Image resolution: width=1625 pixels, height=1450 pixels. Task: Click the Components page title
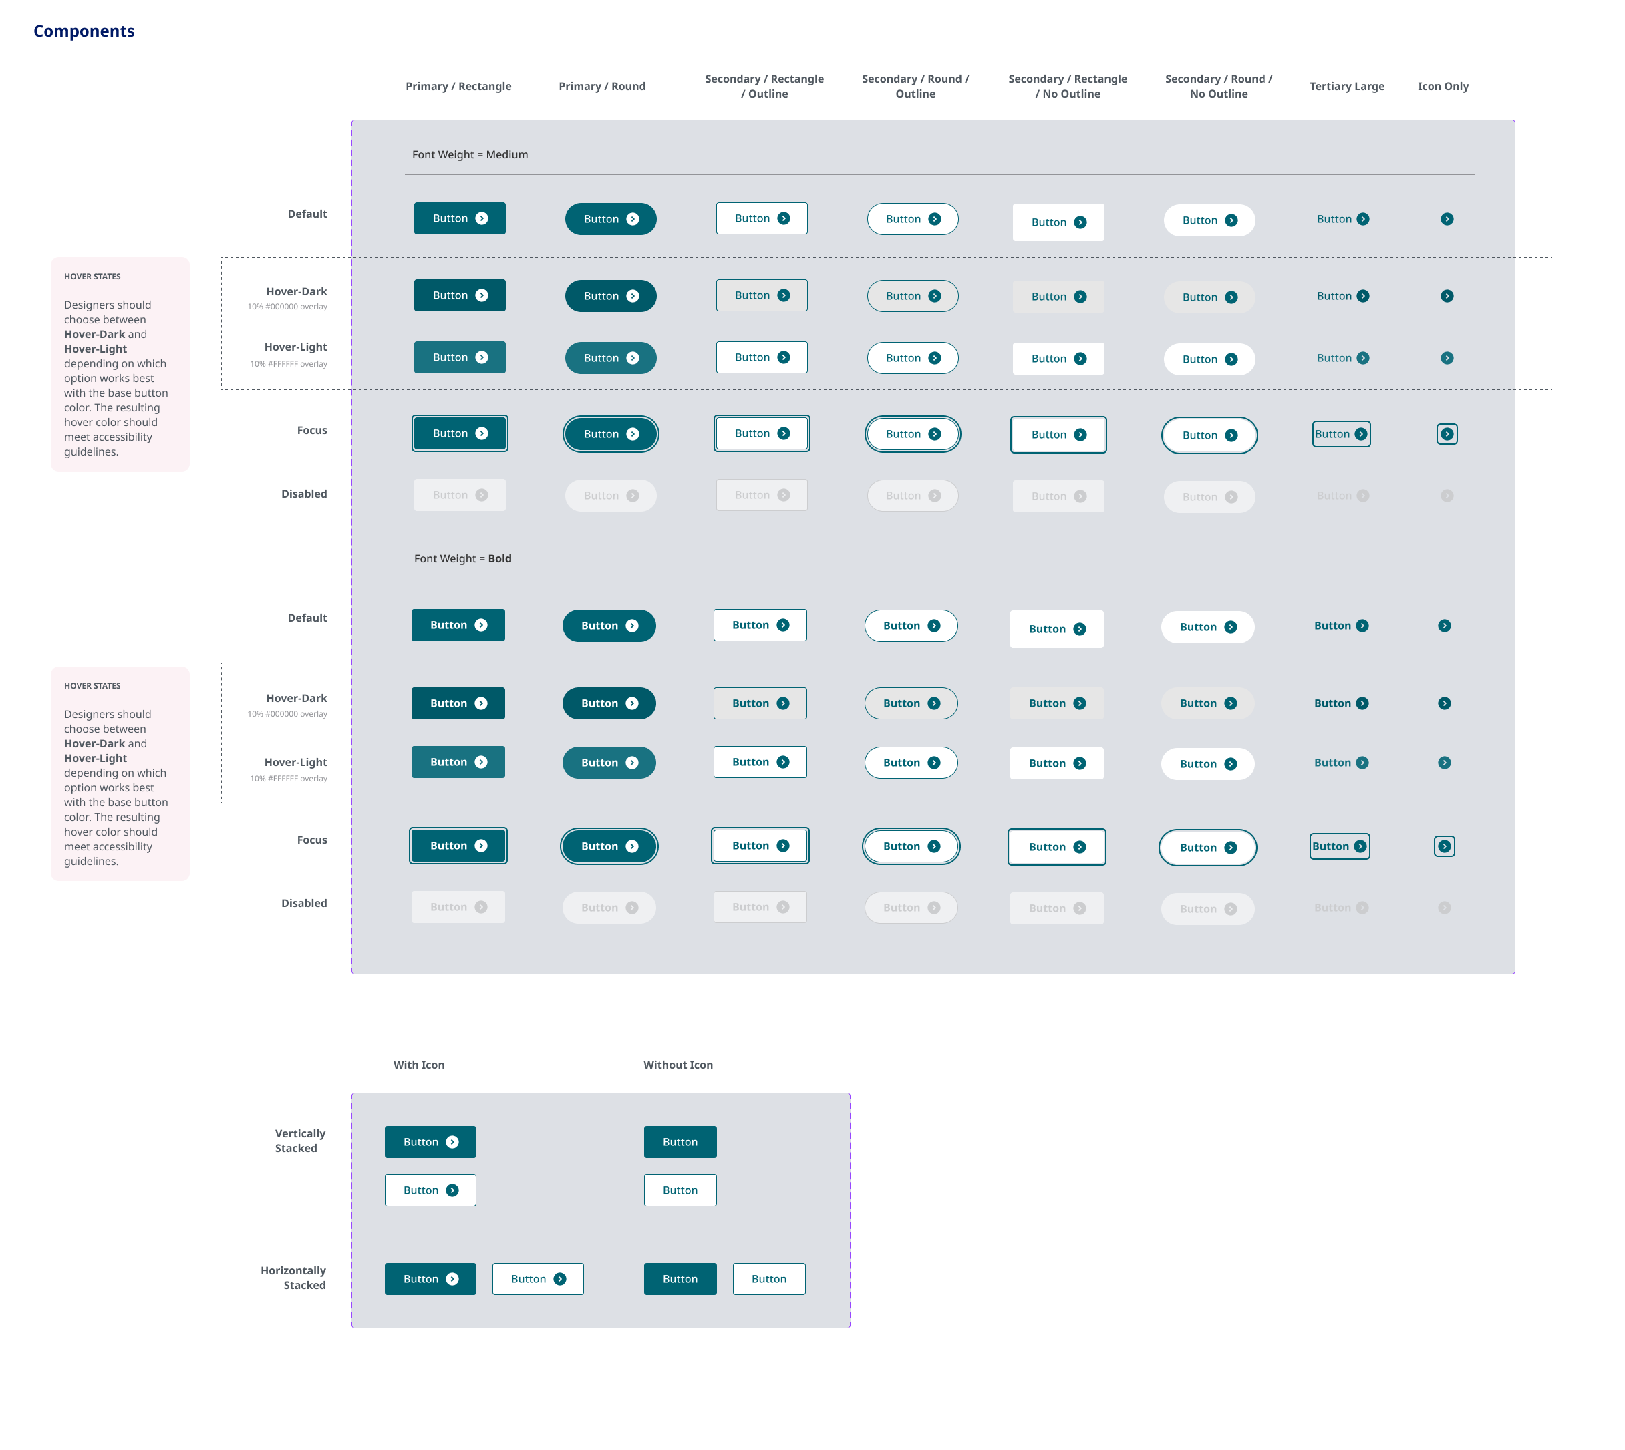[84, 31]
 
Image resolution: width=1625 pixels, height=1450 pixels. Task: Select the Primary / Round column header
[602, 86]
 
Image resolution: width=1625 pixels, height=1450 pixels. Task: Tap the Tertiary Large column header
[1346, 86]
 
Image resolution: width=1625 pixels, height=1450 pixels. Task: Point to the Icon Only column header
[1443, 86]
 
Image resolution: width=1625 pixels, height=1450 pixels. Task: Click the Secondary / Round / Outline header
[915, 86]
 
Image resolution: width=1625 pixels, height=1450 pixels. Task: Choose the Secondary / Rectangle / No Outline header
[1067, 86]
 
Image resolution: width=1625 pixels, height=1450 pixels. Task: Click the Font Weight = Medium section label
[470, 154]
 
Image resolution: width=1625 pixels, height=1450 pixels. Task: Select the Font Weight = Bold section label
[462, 558]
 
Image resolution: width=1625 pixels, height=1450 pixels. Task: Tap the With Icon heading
[418, 1065]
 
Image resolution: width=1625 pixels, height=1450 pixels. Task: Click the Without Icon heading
[678, 1065]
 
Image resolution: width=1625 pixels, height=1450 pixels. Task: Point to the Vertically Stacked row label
[299, 1141]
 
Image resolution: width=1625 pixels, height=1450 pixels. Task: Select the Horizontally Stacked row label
[293, 1278]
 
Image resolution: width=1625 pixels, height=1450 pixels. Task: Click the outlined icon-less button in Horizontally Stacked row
[768, 1279]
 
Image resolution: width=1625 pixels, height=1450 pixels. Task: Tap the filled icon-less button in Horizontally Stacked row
[680, 1279]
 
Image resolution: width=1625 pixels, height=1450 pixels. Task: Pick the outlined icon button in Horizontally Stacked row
[537, 1279]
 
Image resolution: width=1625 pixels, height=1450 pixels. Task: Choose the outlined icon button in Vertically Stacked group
[430, 1190]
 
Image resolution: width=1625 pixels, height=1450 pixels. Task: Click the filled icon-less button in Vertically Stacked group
[680, 1141]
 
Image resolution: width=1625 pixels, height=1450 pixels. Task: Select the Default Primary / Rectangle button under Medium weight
[459, 218]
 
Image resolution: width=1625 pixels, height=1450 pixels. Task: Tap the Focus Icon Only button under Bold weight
[1444, 846]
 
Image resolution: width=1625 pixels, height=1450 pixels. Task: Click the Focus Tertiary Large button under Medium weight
[1340, 434]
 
